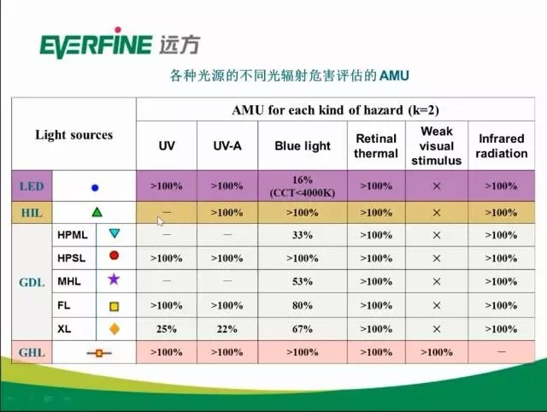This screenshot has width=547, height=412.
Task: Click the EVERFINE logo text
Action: click(x=97, y=44)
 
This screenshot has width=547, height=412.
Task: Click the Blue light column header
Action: click(x=303, y=146)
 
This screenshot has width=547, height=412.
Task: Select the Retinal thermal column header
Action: click(x=376, y=146)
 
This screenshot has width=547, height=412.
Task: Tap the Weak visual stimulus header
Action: click(x=437, y=146)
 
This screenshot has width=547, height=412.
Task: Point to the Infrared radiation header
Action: click(x=502, y=146)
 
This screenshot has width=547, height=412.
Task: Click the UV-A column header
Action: click(x=227, y=146)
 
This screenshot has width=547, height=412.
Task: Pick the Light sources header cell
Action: click(x=74, y=135)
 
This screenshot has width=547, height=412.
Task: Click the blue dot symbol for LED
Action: click(x=95, y=188)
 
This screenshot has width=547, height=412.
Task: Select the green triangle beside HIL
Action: click(x=97, y=212)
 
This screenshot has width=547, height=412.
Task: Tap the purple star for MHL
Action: click(x=114, y=280)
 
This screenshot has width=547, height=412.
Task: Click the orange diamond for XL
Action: click(x=115, y=328)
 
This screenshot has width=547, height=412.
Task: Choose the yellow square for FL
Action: click(x=114, y=306)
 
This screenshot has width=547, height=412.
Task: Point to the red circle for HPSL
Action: click(x=114, y=256)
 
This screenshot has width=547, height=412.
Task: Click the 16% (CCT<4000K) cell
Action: click(x=303, y=186)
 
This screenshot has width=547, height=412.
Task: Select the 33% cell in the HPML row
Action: click(x=303, y=235)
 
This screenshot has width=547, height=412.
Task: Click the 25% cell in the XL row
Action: click(x=167, y=329)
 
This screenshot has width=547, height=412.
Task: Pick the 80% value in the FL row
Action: click(x=303, y=306)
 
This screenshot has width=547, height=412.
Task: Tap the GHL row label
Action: click(x=32, y=352)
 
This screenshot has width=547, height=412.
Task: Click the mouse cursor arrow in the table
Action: click(x=160, y=221)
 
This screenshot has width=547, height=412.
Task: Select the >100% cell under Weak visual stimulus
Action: click(x=437, y=352)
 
